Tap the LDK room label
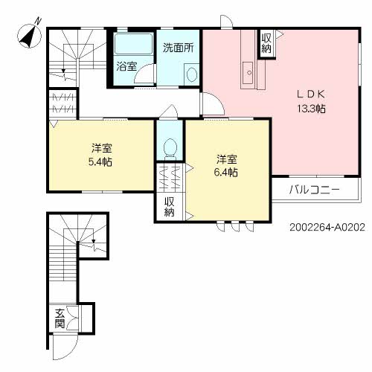[x=311, y=94]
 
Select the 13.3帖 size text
[x=312, y=109]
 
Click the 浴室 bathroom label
[x=126, y=66]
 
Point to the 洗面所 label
[x=178, y=48]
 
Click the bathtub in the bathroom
[x=133, y=44]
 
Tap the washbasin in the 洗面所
[x=191, y=74]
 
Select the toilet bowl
[x=170, y=148]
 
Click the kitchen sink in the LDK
[x=248, y=73]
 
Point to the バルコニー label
[x=314, y=190]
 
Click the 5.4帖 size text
[x=100, y=162]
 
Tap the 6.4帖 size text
[x=225, y=172]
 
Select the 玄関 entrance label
[x=60, y=318]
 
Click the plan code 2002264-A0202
[x=327, y=227]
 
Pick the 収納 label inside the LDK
[x=266, y=43]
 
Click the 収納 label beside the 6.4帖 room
[x=170, y=208]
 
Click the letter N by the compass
[x=37, y=21]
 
